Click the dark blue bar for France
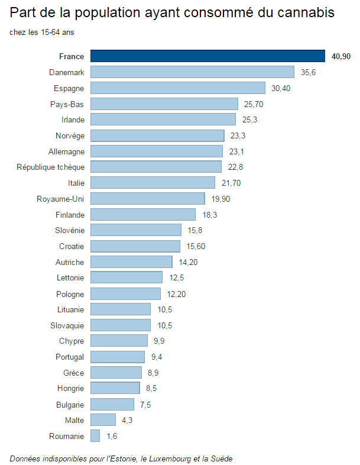tap(207, 56)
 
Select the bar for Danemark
tap(192, 72)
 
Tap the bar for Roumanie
tap(95, 436)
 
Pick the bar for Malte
tap(103, 420)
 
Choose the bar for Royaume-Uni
tap(148, 198)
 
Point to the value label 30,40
tap(281, 88)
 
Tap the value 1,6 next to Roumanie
tap(112, 436)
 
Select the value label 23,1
tap(237, 151)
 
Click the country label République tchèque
tap(50, 167)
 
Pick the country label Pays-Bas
tap(67, 104)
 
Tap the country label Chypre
tap(72, 341)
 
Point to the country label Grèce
tap(74, 373)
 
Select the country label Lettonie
tap(70, 277)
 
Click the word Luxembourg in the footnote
tap(170, 458)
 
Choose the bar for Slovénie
tap(136, 230)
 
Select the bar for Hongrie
tap(115, 389)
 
